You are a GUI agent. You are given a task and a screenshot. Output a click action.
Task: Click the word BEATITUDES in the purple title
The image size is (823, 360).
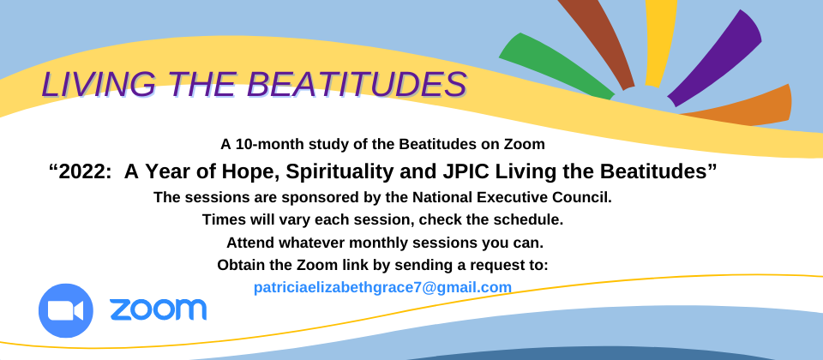[357, 85]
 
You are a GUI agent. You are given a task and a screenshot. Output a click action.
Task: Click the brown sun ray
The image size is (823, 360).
[598, 41]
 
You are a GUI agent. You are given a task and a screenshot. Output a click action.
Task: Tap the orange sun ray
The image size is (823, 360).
[740, 108]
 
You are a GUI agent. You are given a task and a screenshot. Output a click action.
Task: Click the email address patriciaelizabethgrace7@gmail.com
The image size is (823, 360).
[382, 288]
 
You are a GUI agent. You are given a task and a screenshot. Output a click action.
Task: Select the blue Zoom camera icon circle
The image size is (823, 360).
[66, 310]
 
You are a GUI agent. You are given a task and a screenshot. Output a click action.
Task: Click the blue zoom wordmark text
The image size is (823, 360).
[158, 309]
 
